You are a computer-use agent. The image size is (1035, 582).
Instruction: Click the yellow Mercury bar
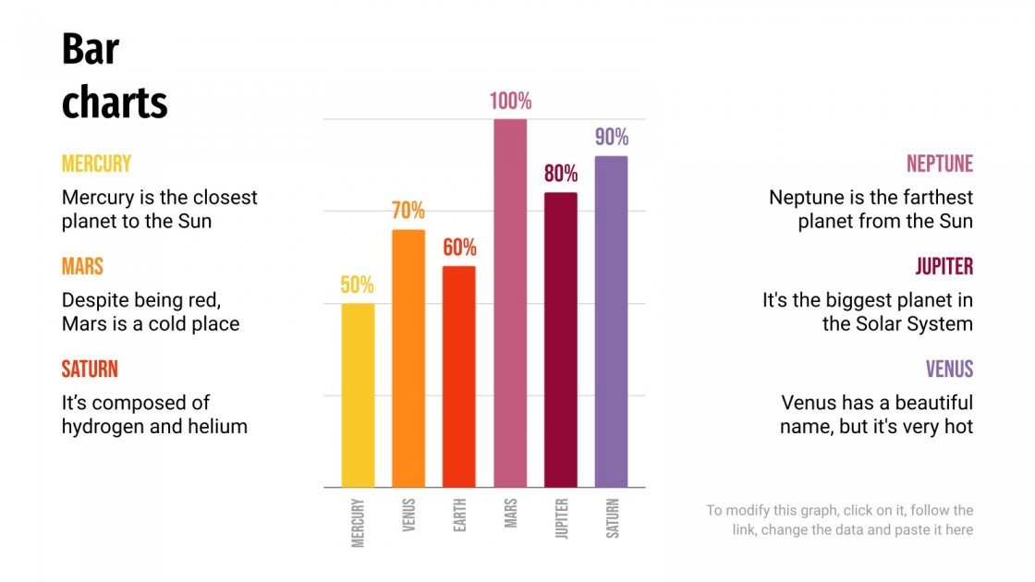(x=358, y=395)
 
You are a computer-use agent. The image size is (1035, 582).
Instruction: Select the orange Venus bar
(x=408, y=358)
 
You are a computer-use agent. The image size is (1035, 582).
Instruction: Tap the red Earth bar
(x=459, y=377)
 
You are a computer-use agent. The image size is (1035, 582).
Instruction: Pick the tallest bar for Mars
(x=510, y=303)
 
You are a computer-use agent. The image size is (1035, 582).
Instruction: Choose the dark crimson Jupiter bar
(x=560, y=340)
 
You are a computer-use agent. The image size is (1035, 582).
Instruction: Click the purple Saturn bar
(x=611, y=321)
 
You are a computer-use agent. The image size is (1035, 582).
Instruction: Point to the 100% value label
(x=510, y=102)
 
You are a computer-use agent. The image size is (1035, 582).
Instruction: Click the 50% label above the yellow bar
(x=358, y=285)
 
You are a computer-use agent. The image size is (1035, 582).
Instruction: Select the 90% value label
(x=611, y=138)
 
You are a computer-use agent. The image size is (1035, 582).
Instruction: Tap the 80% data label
(x=560, y=174)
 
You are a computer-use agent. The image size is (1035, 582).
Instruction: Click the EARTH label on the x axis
(x=459, y=515)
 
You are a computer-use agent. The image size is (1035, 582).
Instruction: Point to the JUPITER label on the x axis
(x=561, y=520)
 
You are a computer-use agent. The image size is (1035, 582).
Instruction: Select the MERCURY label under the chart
(x=359, y=523)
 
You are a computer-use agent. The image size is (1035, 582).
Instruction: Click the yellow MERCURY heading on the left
(x=96, y=164)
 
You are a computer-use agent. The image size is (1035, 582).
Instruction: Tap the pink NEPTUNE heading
(x=939, y=164)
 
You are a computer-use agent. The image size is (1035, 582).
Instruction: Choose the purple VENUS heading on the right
(x=949, y=370)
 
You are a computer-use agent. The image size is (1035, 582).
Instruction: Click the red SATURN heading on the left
(x=90, y=370)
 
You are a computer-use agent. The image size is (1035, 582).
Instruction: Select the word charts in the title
(x=115, y=103)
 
